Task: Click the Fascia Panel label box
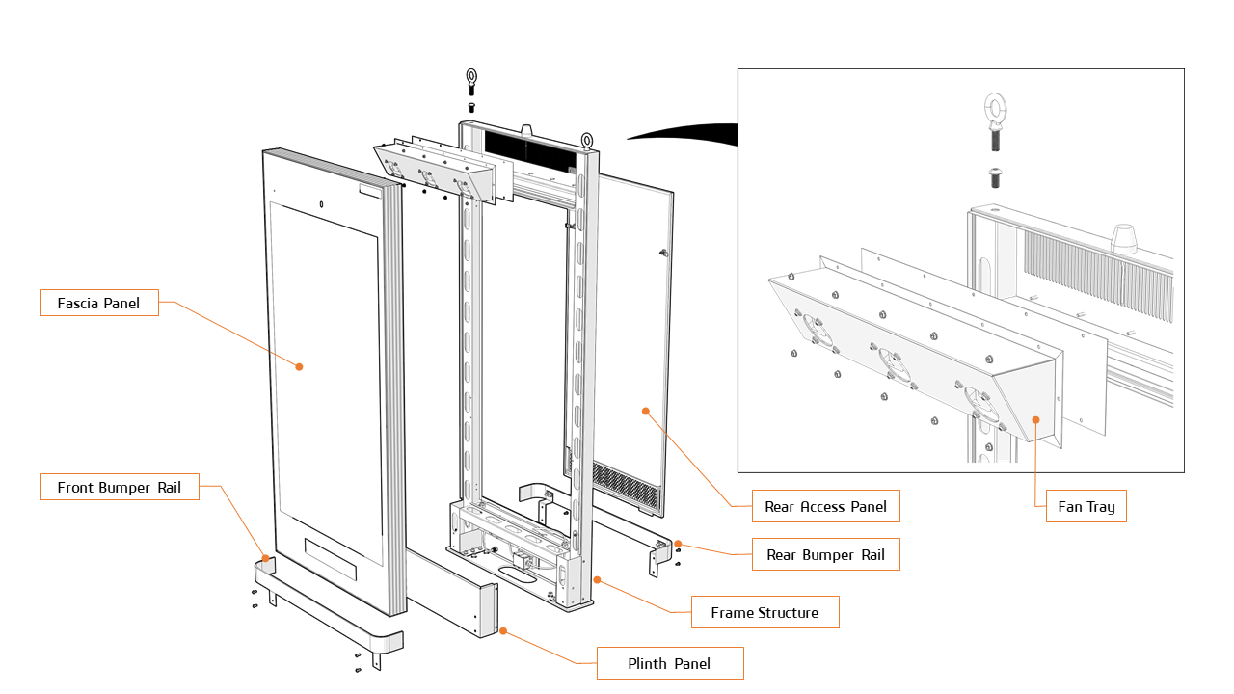pyautogui.click(x=99, y=303)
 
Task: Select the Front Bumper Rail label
pyautogui.click(x=119, y=487)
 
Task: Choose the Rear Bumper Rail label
pyautogui.click(x=825, y=554)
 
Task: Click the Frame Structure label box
pyautogui.click(x=765, y=612)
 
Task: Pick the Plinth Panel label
pyautogui.click(x=669, y=663)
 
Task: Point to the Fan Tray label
pyautogui.click(x=1086, y=506)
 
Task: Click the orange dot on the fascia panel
pyautogui.click(x=299, y=366)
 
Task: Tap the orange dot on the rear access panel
pyautogui.click(x=646, y=411)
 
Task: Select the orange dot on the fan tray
pyautogui.click(x=1035, y=419)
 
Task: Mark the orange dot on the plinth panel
pyautogui.click(x=503, y=630)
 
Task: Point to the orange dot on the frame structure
pyautogui.click(x=597, y=580)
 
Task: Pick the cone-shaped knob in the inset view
pyautogui.click(x=1123, y=237)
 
